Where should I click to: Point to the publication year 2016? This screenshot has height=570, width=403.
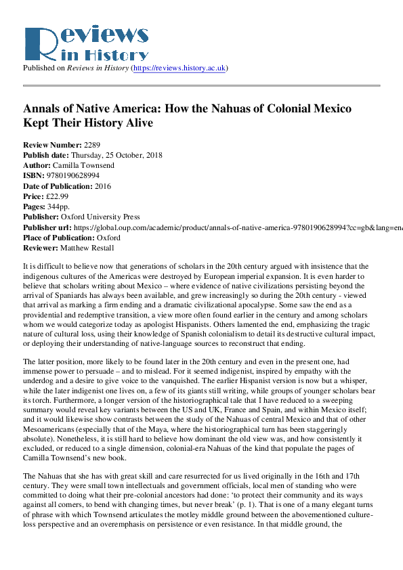103,186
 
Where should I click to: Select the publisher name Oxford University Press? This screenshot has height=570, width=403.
101,217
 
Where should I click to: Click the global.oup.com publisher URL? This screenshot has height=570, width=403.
230,227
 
